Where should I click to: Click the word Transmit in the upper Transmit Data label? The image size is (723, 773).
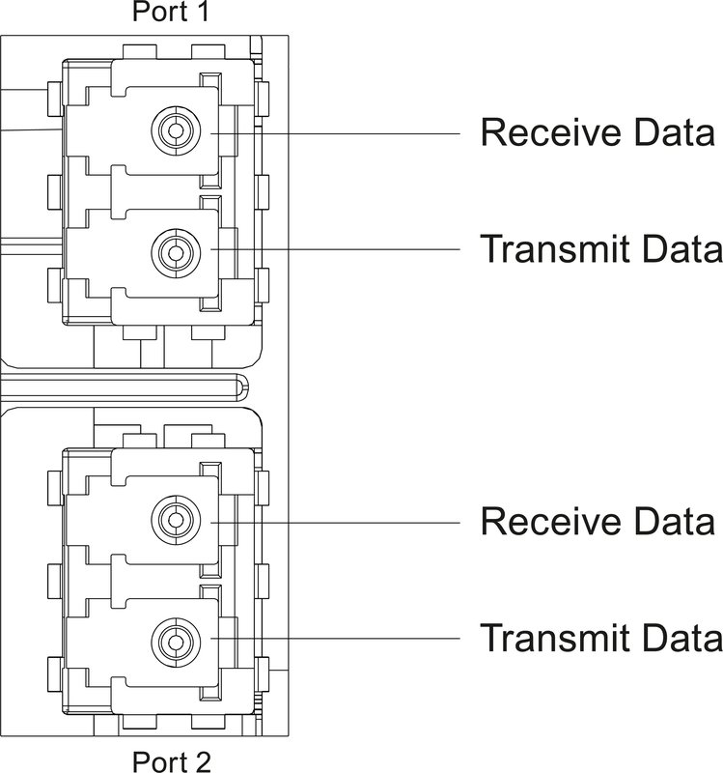561,249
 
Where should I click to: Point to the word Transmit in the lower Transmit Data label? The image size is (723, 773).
561,638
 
